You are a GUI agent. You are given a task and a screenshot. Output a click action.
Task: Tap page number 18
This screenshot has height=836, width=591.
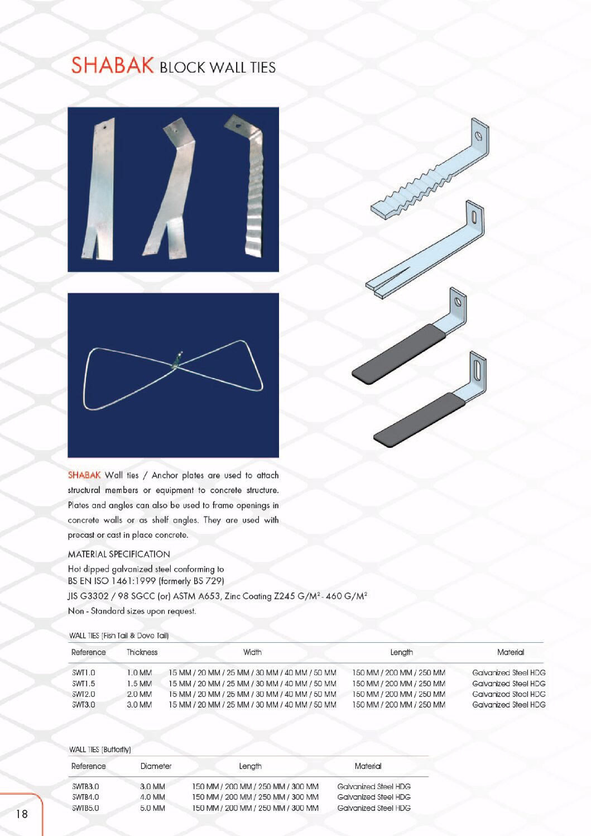click(x=22, y=814)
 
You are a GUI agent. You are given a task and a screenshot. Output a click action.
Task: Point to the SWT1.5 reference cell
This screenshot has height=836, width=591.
click(x=84, y=684)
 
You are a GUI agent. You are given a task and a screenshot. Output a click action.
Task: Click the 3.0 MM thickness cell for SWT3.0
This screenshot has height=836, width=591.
click(x=140, y=705)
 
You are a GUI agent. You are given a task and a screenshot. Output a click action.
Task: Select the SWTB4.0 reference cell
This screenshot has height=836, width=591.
click(x=85, y=797)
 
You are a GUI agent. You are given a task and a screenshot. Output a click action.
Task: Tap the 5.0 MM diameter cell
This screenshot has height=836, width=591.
click(x=152, y=808)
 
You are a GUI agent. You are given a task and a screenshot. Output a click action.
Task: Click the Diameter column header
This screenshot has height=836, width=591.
click(x=156, y=766)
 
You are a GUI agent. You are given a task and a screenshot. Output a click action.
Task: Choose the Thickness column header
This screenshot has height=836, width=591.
click(x=142, y=652)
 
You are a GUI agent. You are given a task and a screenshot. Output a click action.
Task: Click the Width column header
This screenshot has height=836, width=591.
click(x=252, y=652)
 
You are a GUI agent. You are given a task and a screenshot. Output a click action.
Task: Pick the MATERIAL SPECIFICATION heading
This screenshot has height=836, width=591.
click(x=119, y=554)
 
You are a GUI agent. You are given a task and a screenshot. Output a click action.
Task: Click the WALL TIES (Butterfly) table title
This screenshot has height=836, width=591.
click(x=100, y=749)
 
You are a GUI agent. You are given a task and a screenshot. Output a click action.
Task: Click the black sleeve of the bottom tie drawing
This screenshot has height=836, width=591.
click(x=419, y=421)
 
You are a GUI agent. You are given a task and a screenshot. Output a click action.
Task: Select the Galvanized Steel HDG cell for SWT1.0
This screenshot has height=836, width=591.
click(x=508, y=672)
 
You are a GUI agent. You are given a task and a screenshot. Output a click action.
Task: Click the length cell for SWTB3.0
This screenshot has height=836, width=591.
click(x=256, y=786)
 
